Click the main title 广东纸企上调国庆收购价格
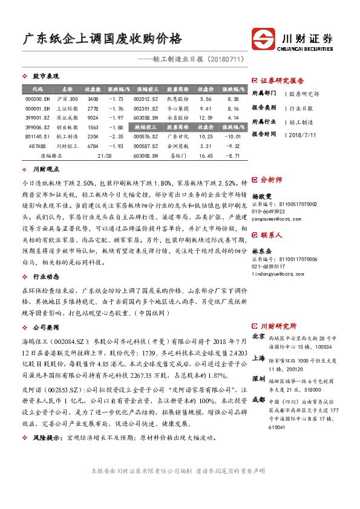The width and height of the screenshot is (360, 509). click(102, 39)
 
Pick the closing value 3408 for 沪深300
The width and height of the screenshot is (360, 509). click(93, 99)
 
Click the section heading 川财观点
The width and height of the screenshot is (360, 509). click(45, 170)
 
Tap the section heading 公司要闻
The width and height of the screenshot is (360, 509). click(45, 325)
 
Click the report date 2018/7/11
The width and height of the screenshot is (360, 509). click(303, 134)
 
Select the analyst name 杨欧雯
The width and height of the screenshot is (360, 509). click(262, 197)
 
